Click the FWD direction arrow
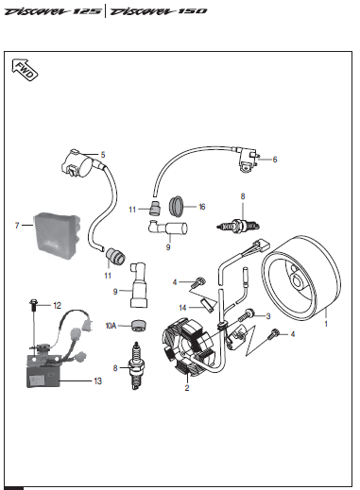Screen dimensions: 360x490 25,70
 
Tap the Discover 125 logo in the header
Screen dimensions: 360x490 53,11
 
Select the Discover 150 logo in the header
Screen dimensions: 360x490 159,11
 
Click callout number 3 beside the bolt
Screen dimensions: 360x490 268,316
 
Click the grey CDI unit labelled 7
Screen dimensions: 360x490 57,233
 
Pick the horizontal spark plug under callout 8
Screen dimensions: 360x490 239,226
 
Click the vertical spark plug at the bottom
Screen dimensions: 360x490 136,365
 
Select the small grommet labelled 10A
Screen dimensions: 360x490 139,325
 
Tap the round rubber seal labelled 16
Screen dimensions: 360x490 177,206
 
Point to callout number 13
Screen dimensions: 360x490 97,381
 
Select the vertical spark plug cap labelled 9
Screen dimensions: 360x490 138,285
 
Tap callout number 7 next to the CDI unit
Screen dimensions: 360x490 17,226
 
